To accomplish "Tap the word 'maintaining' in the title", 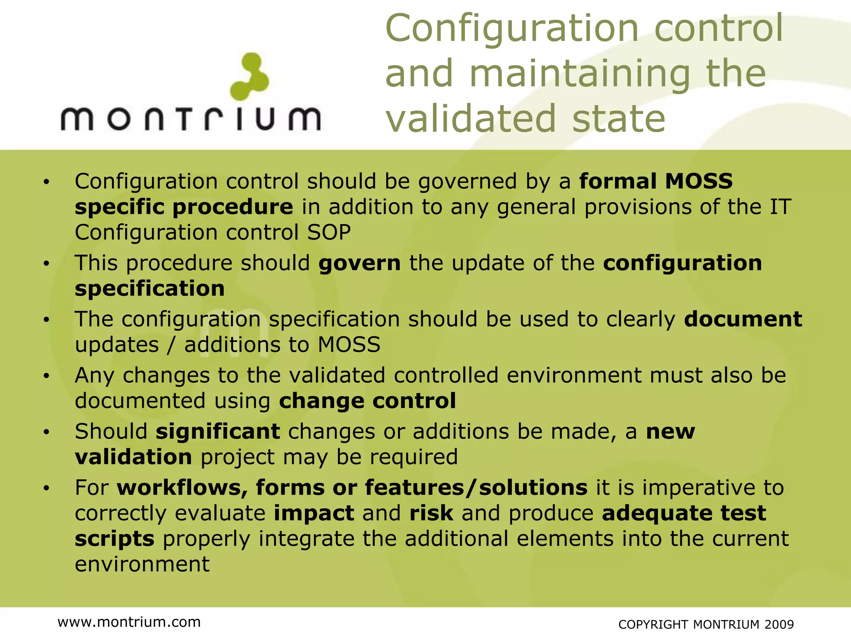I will pos(580,74).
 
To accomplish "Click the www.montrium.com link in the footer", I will pos(129,622).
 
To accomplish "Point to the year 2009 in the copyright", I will pos(779,624).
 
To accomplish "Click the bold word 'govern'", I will pos(359,263).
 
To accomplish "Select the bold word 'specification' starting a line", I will pos(150,288).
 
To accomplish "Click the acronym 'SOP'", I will pos(329,232).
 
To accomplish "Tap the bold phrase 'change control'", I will pos(367,401).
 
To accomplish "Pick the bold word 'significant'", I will pos(218,431).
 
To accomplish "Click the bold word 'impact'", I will pos(314,513).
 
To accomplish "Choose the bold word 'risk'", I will pos(431,513).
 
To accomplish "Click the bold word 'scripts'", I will pos(115,539).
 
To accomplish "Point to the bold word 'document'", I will pos(743,319).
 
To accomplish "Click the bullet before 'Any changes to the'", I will pos(47,376).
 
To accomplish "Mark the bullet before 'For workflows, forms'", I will pos(47,488).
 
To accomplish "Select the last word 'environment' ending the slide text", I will pos(142,564).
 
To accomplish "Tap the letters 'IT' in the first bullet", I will pos(780,207).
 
